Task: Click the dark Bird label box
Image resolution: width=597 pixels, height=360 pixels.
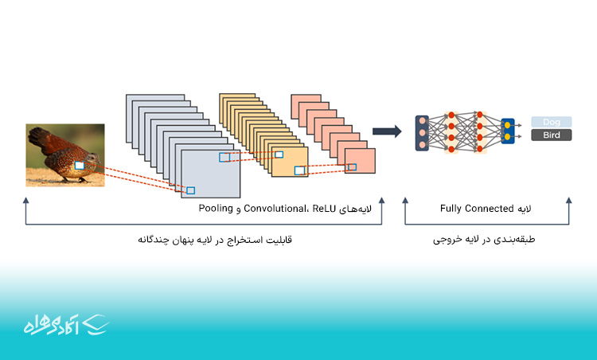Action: (552, 135)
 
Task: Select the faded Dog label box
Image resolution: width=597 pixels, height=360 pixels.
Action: (552, 122)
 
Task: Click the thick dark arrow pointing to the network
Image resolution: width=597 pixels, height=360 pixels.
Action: (387, 131)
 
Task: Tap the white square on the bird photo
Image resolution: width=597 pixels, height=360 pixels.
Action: (79, 166)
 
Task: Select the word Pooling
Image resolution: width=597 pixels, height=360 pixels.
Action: (216, 209)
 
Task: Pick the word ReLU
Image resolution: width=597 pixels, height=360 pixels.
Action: (324, 209)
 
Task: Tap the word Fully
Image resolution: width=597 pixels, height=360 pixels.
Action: (451, 209)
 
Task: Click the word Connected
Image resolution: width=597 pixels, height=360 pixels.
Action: (490, 209)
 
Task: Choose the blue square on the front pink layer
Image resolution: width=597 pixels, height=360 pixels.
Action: (352, 166)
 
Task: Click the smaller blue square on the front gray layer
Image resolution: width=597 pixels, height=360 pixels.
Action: (191, 190)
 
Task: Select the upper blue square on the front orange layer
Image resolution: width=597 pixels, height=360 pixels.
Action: (279, 155)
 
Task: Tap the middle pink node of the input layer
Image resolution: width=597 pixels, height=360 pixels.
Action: (422, 133)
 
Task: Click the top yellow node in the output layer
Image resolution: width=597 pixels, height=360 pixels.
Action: (508, 125)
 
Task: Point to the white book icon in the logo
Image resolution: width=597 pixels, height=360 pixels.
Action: (96, 325)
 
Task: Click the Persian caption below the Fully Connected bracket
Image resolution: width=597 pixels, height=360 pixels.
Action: (484, 240)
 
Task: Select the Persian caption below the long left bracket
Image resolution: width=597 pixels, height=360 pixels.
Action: (215, 240)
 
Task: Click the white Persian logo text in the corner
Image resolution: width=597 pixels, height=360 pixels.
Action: (51, 325)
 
